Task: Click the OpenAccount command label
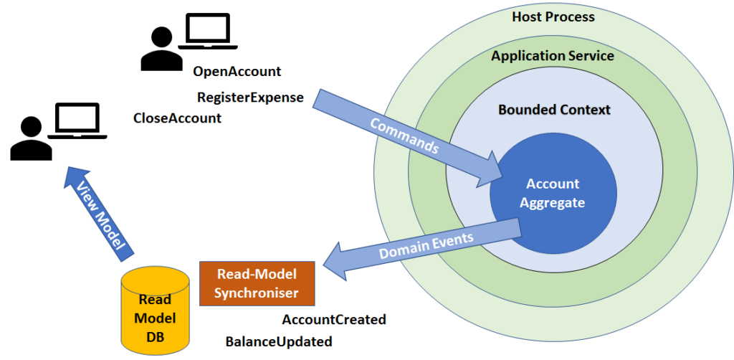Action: coord(237,72)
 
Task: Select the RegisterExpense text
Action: coord(250,97)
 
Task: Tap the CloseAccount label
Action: coord(177,118)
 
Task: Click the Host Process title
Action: coord(553,16)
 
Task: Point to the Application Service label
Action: coord(553,56)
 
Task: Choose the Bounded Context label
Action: coord(554,110)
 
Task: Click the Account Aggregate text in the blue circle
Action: coord(553,193)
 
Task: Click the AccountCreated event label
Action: coord(334,319)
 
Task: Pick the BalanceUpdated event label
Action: coord(279,341)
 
